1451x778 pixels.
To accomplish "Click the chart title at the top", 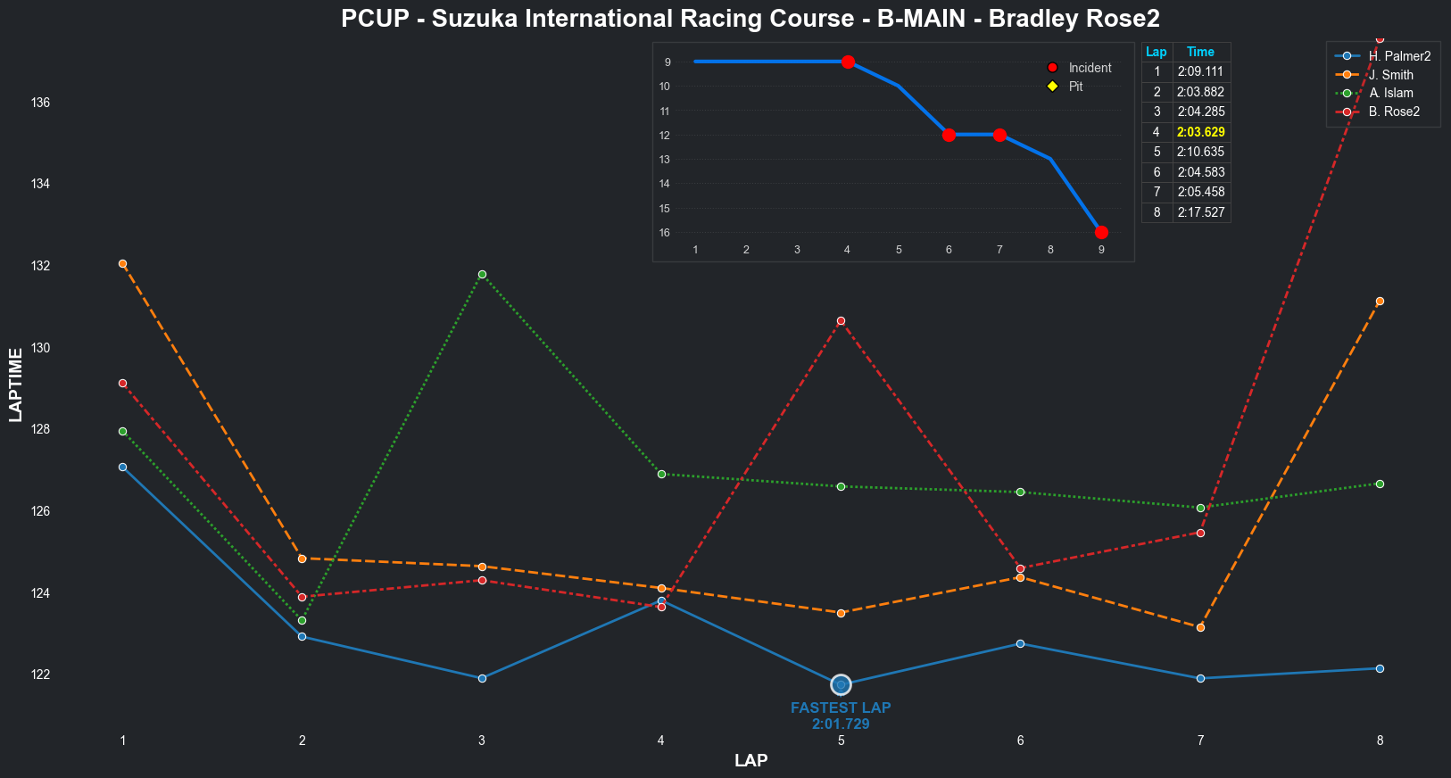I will pyautogui.click(x=750, y=19).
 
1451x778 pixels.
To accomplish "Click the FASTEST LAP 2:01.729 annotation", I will pyautogui.click(x=841, y=716).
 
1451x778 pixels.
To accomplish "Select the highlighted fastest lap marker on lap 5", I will pyautogui.click(x=841, y=684).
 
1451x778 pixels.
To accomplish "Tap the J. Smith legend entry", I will pyautogui.click(x=1390, y=75).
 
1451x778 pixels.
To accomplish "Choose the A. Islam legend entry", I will pyautogui.click(x=1390, y=93).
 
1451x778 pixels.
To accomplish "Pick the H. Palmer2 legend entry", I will pyautogui.click(x=1398, y=56).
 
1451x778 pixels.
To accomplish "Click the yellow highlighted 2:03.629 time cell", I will pyautogui.click(x=1200, y=132).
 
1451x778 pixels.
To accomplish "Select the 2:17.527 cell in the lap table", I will pyautogui.click(x=1200, y=212).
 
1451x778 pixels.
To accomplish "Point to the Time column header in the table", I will pyautogui.click(x=1200, y=52).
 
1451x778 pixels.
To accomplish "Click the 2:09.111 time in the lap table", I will pyautogui.click(x=1200, y=72).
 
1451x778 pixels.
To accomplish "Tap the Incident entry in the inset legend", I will pyautogui.click(x=1089, y=68).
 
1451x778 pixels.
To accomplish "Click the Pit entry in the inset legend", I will pyautogui.click(x=1075, y=87).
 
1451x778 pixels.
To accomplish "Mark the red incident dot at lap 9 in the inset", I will pyautogui.click(x=1101, y=232).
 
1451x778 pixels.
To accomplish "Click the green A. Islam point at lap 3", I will pyautogui.click(x=482, y=274).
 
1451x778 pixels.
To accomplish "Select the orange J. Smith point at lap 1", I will pyautogui.click(x=122, y=263).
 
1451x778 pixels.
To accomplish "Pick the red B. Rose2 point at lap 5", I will pyautogui.click(x=841, y=320).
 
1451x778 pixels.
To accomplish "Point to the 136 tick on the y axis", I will pyautogui.click(x=40, y=103).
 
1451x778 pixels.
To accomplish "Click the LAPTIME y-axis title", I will pyautogui.click(x=15, y=385).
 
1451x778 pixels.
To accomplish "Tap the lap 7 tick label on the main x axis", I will pyautogui.click(x=1200, y=740).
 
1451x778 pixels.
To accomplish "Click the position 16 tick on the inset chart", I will pyautogui.click(x=665, y=233).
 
